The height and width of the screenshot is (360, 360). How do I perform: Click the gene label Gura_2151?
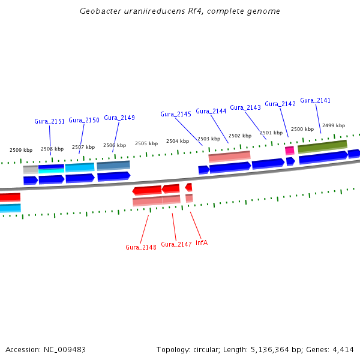(49, 121)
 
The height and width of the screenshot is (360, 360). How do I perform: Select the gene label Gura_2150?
(84, 120)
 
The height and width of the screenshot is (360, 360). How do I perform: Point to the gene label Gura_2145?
(176, 114)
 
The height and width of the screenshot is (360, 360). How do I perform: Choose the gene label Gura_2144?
(211, 111)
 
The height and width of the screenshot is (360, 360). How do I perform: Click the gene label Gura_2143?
(245, 107)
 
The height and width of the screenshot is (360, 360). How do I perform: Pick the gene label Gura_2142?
(280, 104)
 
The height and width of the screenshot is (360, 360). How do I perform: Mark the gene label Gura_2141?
(316, 100)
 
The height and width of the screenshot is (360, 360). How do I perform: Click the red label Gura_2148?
(141, 247)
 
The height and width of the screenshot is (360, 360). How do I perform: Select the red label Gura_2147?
(176, 244)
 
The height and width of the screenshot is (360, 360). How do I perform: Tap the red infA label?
(202, 242)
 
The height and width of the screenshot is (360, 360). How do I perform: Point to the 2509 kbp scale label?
(21, 150)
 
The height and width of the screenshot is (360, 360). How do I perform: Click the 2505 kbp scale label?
(146, 143)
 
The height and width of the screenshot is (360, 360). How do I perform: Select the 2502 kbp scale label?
(240, 136)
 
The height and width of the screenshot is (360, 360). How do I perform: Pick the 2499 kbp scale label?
(334, 125)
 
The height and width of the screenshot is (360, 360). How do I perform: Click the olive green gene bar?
(322, 145)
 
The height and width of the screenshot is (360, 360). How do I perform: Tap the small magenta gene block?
(289, 150)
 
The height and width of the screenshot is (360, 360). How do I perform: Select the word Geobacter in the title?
(98, 11)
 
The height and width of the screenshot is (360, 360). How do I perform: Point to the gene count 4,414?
(344, 349)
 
